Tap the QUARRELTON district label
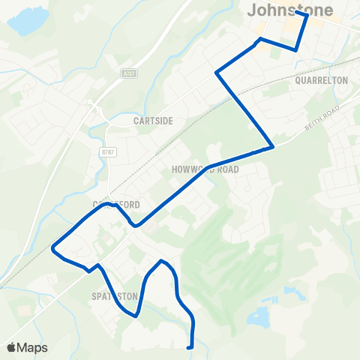coord(322,79)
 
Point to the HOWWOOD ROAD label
coord(205,169)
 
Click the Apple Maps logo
coord(27,347)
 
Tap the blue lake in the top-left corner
coord(24,22)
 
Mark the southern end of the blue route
coord(190,347)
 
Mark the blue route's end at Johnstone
coord(298,13)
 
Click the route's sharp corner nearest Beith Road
coord(271,145)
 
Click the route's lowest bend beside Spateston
coord(136,316)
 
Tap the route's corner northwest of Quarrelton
coord(217,73)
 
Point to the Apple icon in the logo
coord(11,347)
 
